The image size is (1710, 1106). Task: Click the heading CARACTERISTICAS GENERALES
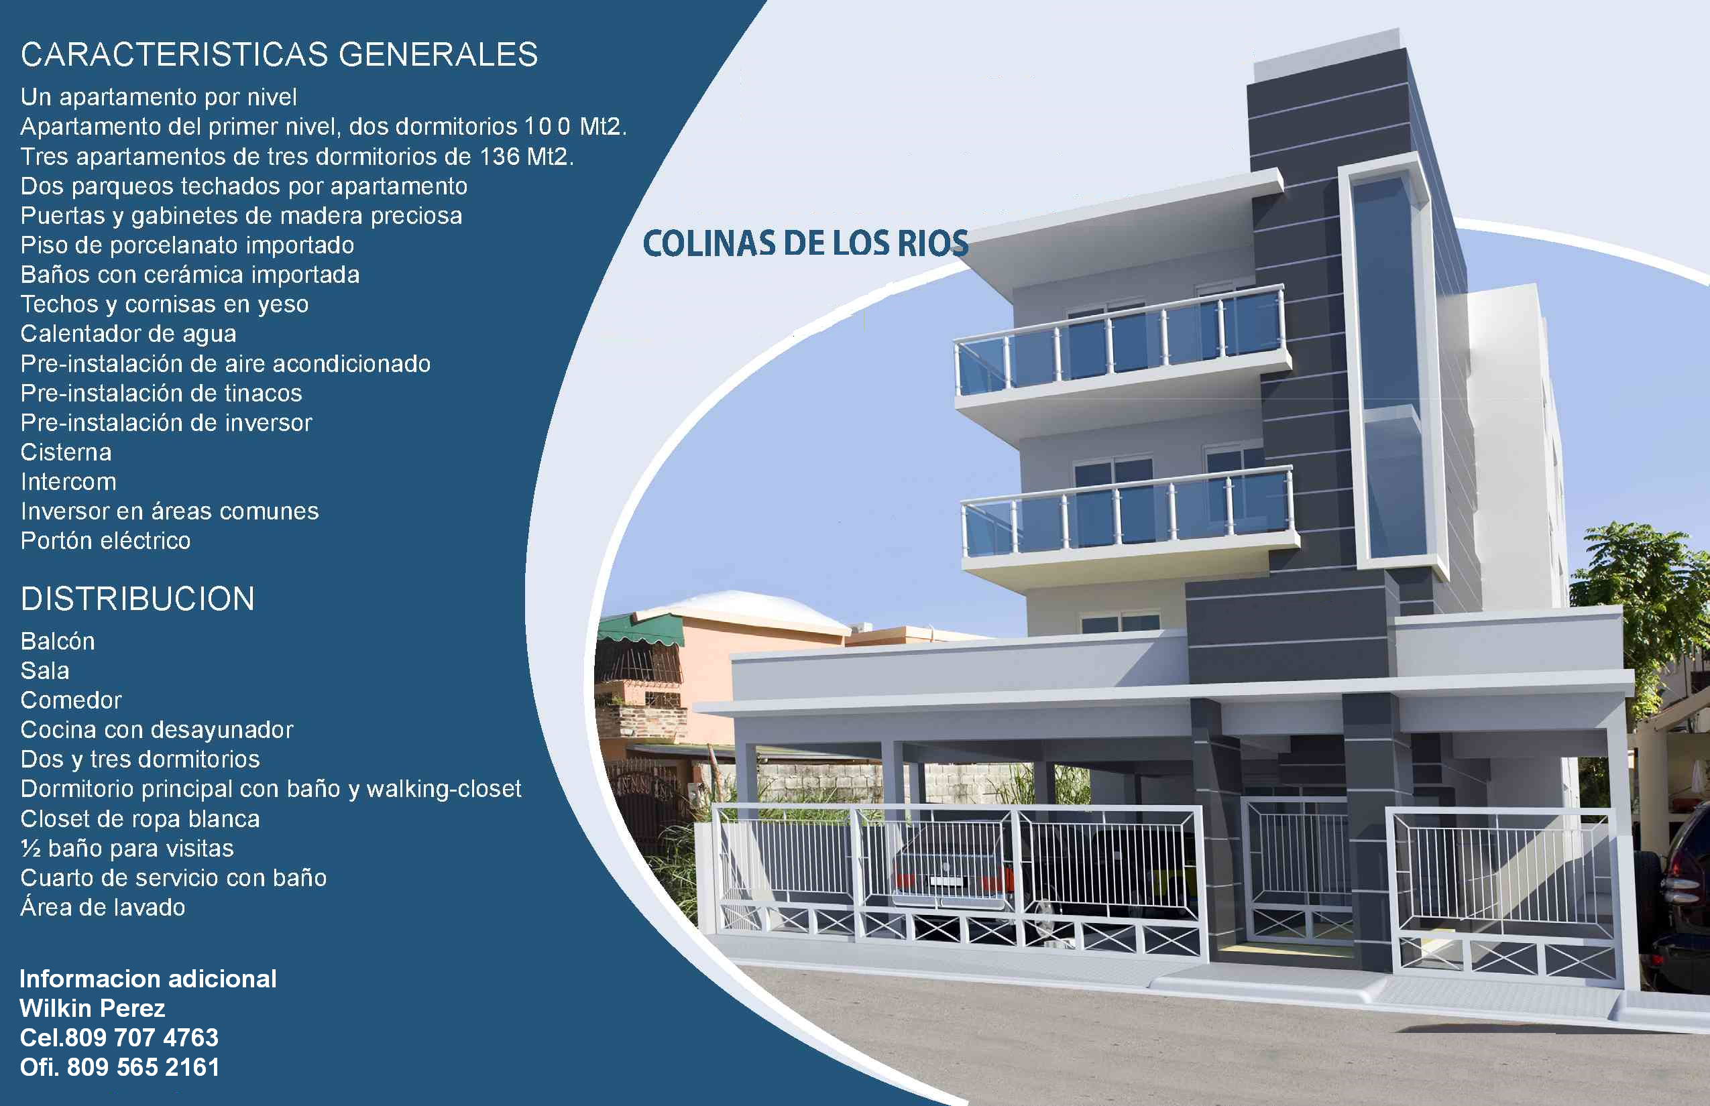(x=280, y=54)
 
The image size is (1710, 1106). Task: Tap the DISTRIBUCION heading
(x=138, y=599)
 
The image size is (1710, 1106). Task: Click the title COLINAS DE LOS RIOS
(x=805, y=243)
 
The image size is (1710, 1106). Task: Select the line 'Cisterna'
(x=66, y=452)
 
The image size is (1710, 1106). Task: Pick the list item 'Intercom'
(x=68, y=482)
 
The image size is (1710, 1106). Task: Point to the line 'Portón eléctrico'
(x=106, y=541)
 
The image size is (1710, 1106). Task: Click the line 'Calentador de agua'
(x=129, y=334)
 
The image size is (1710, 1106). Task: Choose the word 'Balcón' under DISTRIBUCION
(x=58, y=641)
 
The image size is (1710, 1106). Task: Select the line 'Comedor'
(x=71, y=700)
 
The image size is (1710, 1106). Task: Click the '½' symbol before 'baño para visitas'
(x=30, y=849)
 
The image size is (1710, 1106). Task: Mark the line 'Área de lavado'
(x=103, y=907)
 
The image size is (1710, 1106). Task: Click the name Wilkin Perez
(x=93, y=1008)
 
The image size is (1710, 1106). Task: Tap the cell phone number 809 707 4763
(x=141, y=1038)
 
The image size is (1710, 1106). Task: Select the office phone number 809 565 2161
(x=143, y=1067)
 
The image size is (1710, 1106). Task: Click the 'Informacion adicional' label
(x=148, y=979)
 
